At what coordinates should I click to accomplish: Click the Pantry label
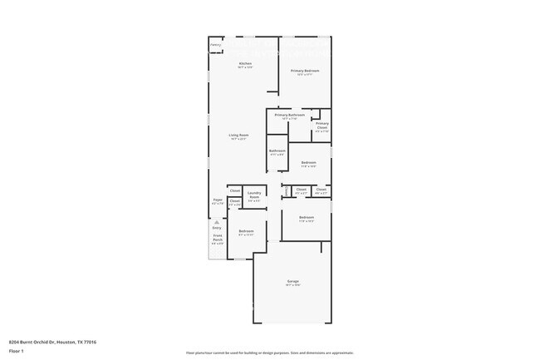pos(215,45)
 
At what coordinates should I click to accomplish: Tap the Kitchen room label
pos(245,64)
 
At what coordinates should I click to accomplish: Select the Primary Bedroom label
pos(305,72)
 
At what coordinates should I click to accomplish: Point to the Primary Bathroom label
pos(289,115)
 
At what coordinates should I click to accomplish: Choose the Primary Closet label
pos(322,126)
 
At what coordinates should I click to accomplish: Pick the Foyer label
pos(218,200)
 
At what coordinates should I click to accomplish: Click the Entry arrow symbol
pos(216,222)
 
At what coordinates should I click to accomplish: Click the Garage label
pos(292,281)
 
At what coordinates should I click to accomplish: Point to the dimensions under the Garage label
pos(292,285)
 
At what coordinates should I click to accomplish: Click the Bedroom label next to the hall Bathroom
pos(308,162)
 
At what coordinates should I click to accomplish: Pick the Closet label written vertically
pos(287,191)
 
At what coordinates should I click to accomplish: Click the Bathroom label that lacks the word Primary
pos(277,150)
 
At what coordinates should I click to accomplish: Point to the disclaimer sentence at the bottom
pos(269,353)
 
